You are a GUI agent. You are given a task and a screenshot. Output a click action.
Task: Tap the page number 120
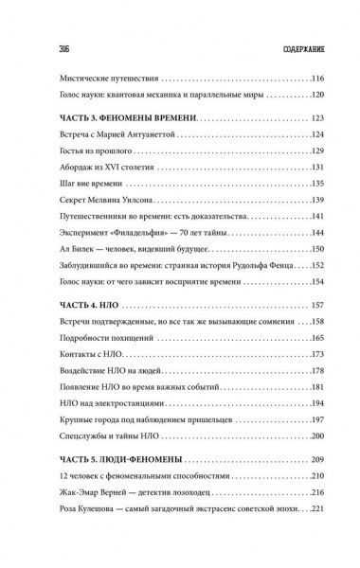tap(315, 98)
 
